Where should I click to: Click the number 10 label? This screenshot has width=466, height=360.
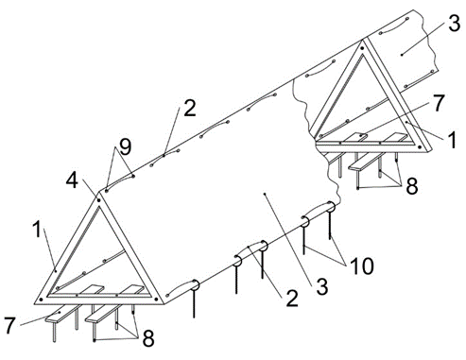click(362, 266)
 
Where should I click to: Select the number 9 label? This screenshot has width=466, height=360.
click(125, 146)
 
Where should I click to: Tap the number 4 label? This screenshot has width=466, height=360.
click(72, 181)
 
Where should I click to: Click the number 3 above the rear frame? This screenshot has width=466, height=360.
click(454, 23)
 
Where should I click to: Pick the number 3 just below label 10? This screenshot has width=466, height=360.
click(322, 286)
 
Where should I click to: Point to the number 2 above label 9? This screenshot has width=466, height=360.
click(190, 108)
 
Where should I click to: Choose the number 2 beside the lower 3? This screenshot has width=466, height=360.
click(292, 299)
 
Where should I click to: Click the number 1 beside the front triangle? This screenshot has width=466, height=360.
click(37, 230)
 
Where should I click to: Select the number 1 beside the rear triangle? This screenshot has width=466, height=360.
click(453, 140)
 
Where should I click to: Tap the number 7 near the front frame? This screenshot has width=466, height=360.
click(9, 325)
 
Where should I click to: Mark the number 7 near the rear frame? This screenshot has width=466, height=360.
click(438, 103)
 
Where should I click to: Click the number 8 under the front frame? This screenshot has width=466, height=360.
click(148, 339)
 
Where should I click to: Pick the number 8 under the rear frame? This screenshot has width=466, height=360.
click(412, 186)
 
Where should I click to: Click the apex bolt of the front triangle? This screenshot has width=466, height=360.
click(98, 200)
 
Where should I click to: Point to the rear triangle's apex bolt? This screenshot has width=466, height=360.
click(362, 48)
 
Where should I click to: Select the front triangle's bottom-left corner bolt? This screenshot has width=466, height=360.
click(41, 300)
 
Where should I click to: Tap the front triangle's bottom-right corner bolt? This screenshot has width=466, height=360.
click(157, 300)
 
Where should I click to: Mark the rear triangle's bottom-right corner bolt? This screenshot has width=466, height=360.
click(420, 146)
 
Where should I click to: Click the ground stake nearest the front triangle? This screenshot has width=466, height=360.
click(194, 300)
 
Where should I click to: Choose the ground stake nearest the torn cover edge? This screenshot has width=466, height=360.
click(330, 223)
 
